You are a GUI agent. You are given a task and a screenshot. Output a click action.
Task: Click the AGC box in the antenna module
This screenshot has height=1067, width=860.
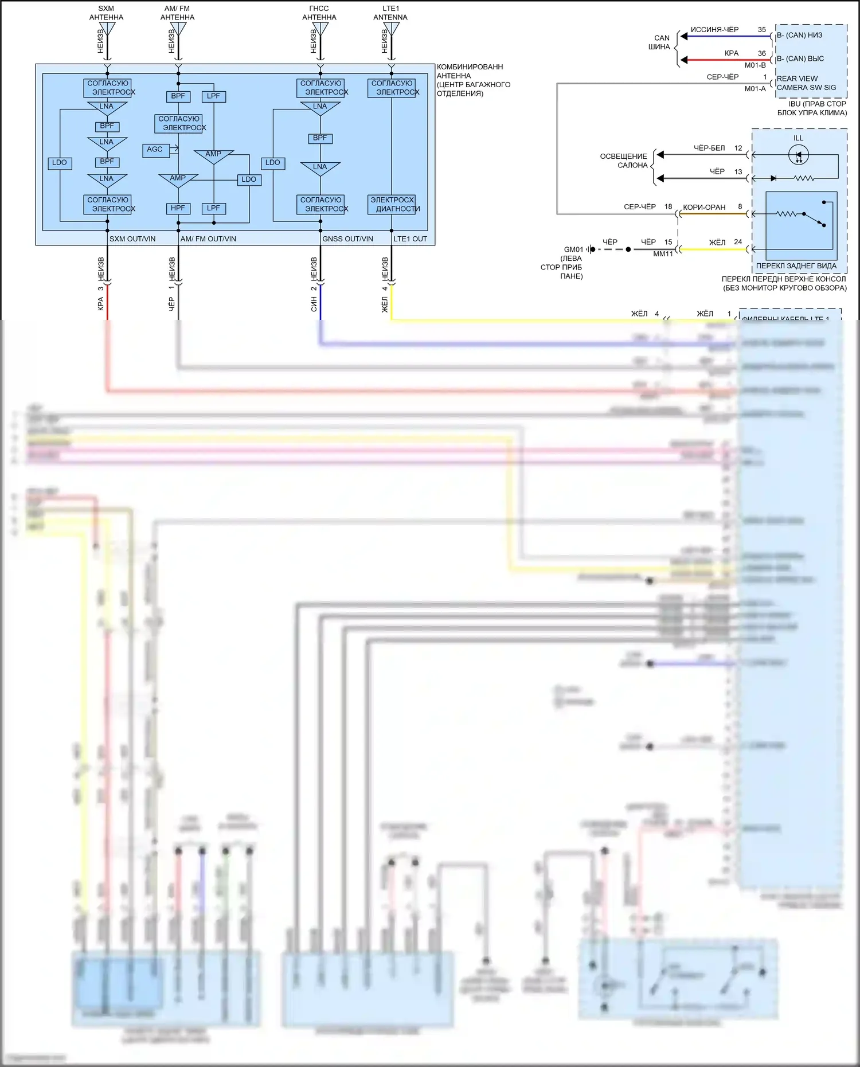[155, 150]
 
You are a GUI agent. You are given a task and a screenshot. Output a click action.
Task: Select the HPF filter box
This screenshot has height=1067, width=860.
[178, 208]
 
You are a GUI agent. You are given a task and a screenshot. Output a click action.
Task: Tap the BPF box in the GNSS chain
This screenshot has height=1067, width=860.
[320, 138]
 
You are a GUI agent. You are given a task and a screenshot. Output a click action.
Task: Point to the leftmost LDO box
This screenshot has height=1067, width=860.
[60, 163]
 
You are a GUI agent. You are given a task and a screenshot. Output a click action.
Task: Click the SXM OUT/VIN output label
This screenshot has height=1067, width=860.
[132, 239]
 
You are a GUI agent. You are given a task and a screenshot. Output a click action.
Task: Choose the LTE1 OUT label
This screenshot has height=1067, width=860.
[410, 239]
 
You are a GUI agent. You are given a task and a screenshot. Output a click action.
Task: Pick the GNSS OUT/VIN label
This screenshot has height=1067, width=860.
[347, 239]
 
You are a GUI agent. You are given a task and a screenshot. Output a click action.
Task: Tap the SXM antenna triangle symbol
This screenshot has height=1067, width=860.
[107, 29]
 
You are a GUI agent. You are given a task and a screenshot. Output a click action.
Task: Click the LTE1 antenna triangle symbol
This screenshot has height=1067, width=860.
[392, 29]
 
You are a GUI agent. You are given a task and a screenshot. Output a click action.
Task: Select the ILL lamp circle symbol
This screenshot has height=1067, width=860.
[799, 155]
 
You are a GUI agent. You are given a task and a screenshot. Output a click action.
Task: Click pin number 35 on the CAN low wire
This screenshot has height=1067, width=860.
[761, 30]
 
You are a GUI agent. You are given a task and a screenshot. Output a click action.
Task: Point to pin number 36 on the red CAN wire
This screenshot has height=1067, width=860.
[761, 53]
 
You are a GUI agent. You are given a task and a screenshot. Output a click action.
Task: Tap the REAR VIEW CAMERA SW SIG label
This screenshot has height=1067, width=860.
[806, 83]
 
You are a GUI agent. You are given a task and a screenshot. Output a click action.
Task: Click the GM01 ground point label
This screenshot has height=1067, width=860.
[573, 249]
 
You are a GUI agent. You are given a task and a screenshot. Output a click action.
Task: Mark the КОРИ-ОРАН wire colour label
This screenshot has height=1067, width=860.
[704, 208]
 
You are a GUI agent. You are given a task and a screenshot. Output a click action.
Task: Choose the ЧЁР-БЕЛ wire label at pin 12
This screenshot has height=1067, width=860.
[709, 148]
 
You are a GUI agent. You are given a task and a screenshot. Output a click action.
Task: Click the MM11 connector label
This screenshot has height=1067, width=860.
[663, 254]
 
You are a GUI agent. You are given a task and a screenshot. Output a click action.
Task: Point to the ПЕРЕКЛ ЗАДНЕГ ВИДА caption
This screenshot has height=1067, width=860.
[796, 266]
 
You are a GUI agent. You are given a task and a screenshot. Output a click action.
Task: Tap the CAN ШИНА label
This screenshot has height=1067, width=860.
[659, 42]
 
